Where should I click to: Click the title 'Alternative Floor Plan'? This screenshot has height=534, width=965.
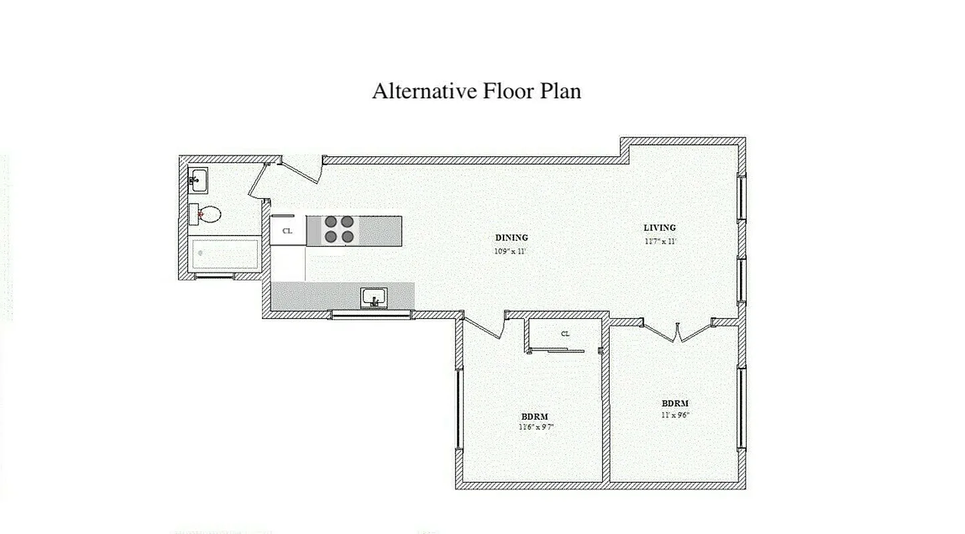tap(476, 90)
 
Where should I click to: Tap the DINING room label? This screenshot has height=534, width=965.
tap(512, 238)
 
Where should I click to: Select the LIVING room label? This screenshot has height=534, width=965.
tap(659, 228)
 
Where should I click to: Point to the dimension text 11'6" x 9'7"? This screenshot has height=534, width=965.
tap(536, 427)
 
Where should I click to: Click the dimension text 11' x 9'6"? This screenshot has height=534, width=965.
tap(675, 415)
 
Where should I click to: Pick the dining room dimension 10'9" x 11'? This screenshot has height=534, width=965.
tap(511, 252)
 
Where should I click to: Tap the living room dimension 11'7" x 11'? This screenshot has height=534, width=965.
tap(660, 241)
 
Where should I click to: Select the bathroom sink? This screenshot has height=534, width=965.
tap(198, 179)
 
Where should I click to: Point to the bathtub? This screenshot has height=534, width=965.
tap(225, 254)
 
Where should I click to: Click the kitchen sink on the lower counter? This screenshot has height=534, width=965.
tap(374, 298)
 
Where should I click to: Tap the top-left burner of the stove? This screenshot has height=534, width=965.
tap(331, 222)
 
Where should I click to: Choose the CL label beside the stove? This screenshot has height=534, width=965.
tap(287, 231)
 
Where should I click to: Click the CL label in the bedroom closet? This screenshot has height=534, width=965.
tap(565, 334)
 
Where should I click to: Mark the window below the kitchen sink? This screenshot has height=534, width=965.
tap(371, 314)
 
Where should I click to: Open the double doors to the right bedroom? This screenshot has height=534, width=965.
tap(677, 331)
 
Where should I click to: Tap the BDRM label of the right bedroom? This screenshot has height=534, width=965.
tap(674, 403)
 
